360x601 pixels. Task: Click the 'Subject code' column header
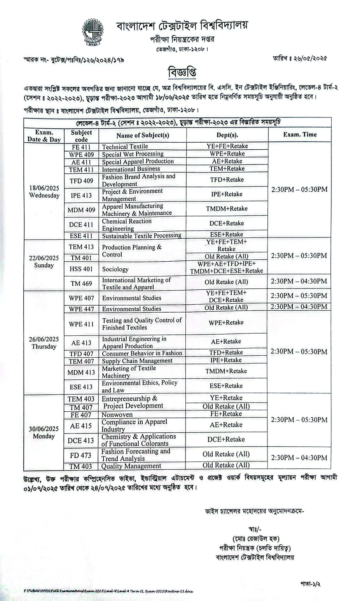click(x=81, y=136)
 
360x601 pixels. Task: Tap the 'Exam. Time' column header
click(x=300, y=135)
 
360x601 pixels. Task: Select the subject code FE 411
click(x=81, y=147)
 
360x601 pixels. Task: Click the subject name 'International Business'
click(x=131, y=169)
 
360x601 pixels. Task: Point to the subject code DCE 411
click(x=81, y=225)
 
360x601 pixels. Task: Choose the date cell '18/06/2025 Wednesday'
click(x=44, y=192)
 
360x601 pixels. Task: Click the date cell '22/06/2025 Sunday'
click(x=44, y=262)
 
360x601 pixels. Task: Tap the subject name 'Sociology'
click(x=115, y=269)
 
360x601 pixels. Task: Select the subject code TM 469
click(x=81, y=283)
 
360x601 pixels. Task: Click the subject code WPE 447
click(x=81, y=309)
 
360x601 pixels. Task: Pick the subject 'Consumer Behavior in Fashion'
click(x=142, y=353)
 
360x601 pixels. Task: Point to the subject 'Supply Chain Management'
click(x=137, y=361)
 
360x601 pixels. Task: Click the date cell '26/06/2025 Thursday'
click(x=44, y=343)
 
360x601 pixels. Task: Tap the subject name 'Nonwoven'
click(x=117, y=415)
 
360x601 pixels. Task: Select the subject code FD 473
click(x=81, y=455)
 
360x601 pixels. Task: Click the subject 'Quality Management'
click(x=131, y=466)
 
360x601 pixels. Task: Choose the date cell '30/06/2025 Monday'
click(x=44, y=432)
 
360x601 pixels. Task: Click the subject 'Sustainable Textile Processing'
click(x=142, y=236)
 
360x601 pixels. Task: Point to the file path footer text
click(x=109, y=591)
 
